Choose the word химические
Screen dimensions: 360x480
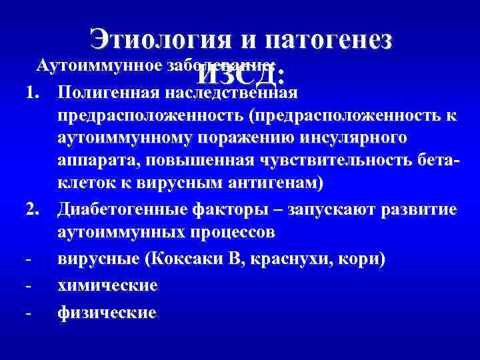pyautogui.click(x=108, y=285)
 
